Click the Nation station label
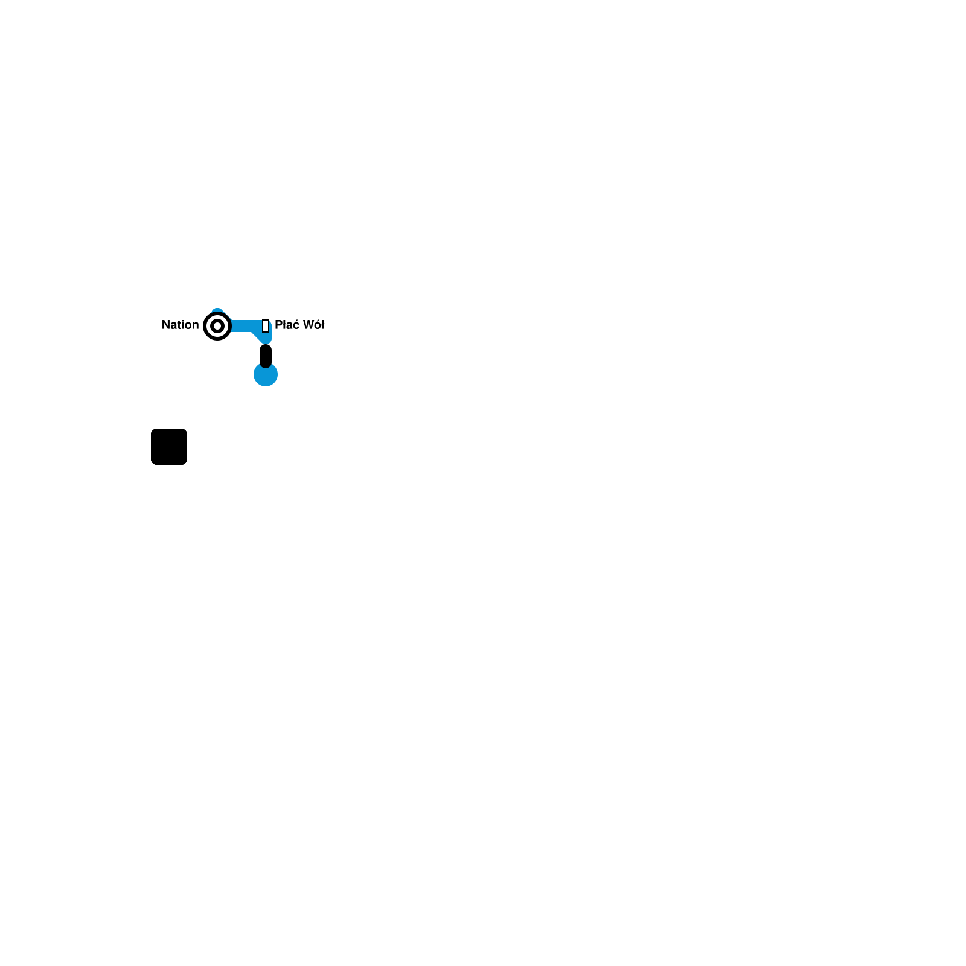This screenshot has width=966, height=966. tap(180, 325)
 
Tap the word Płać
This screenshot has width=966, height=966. tap(287, 325)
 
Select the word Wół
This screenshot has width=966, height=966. tap(313, 325)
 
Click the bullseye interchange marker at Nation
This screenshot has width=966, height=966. tap(217, 326)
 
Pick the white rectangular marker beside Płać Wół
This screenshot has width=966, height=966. tap(266, 326)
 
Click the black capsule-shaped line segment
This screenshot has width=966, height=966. tap(266, 356)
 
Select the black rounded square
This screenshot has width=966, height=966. tap(169, 447)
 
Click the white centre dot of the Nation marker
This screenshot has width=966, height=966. tap(217, 326)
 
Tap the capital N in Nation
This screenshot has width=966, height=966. tap(166, 325)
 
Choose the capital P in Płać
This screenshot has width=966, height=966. tap(278, 325)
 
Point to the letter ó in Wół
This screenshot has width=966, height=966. tap(317, 325)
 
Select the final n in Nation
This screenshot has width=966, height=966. tap(195, 325)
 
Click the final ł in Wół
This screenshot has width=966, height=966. tap(322, 325)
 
